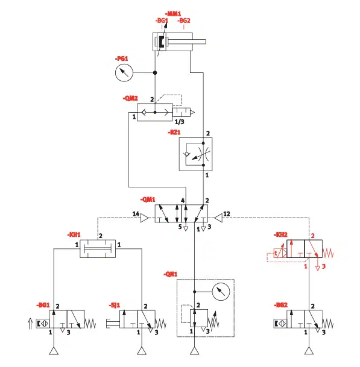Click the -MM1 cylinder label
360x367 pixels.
tap(173, 14)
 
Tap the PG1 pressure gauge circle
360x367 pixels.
tap(124, 72)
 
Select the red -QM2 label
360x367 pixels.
tap(130, 98)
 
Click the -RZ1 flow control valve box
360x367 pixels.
tap(196, 154)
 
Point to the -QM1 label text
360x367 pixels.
tap(148, 199)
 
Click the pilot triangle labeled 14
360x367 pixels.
tap(144, 218)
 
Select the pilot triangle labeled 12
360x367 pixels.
tap(218, 218)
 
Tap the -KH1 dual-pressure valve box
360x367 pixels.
tap(98, 248)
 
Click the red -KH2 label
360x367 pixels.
tap(280, 235)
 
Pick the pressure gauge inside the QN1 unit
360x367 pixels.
tap(221, 292)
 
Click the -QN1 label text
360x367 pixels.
tap(170, 274)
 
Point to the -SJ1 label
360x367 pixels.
tap(115, 305)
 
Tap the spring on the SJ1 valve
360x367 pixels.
tap(160, 324)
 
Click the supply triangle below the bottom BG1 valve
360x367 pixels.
tap(54, 351)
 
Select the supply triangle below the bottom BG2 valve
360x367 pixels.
tap(309, 351)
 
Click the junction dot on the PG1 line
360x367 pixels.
tap(155, 73)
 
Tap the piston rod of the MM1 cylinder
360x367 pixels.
tap(186, 42)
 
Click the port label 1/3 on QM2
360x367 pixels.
tap(180, 122)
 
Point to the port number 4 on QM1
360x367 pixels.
tap(183, 201)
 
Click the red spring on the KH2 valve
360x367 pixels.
tap(328, 253)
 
